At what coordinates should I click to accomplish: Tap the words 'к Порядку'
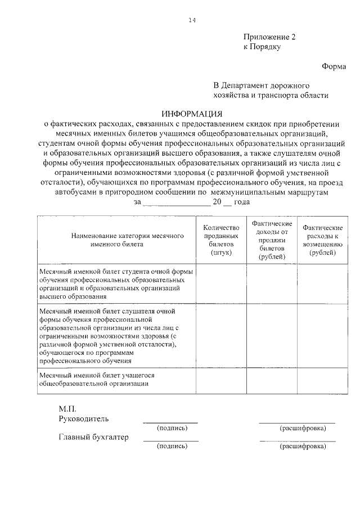pyautogui.click(x=262, y=47)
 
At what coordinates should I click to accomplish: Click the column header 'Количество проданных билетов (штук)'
pyautogui.click(x=221, y=240)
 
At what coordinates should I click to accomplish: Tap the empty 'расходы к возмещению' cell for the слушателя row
pyautogui.click(x=323, y=335)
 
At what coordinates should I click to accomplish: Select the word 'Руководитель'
pyautogui.click(x=84, y=418)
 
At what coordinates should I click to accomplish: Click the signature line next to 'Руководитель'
pyautogui.click(x=170, y=421)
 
